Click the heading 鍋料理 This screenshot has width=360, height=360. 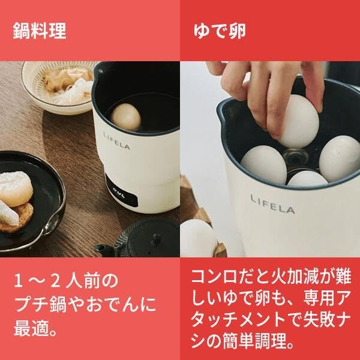click(40, 31)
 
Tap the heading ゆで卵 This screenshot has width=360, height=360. click(220, 31)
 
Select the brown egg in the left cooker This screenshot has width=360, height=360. click(127, 116)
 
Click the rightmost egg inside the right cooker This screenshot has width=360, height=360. click(340, 157)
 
